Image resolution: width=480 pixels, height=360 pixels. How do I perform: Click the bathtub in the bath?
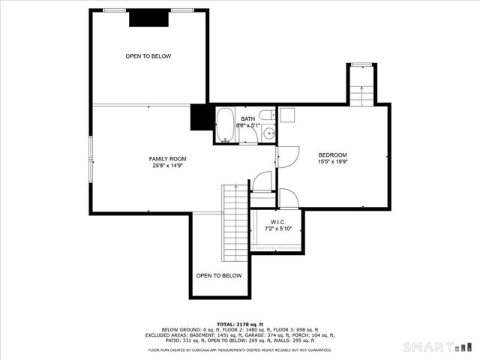226,125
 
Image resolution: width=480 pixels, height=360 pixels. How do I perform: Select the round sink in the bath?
268,135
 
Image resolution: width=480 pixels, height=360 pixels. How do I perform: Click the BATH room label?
247,119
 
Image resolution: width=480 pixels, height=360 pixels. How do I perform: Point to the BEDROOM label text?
332,155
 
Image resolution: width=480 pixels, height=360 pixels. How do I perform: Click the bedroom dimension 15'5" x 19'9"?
332,162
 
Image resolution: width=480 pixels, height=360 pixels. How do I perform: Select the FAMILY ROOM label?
167,159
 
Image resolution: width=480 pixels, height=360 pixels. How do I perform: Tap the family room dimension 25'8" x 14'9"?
167,166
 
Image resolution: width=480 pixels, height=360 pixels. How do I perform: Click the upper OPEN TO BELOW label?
148,56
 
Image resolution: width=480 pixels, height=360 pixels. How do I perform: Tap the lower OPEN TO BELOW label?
219,275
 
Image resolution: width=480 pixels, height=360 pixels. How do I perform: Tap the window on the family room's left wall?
91,158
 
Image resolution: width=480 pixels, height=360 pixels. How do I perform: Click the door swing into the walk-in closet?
289,198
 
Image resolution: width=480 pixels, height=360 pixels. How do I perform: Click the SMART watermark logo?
439,347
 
